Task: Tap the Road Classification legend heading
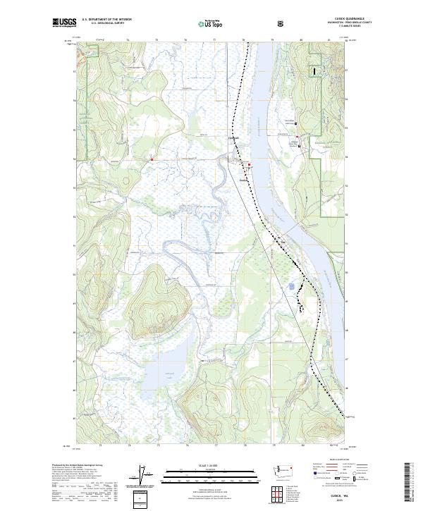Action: [x=336, y=463]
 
